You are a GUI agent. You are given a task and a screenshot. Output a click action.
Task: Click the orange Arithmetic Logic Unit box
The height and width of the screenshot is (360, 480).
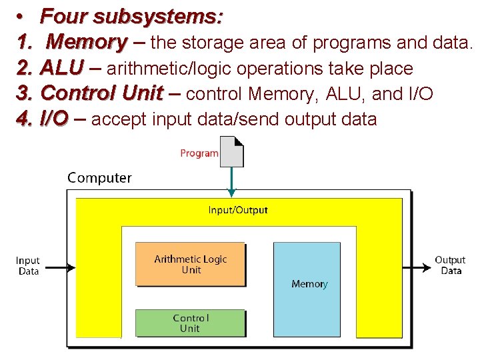[191, 265]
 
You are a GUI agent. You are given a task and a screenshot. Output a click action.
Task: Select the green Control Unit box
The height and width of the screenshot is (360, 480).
[190, 323]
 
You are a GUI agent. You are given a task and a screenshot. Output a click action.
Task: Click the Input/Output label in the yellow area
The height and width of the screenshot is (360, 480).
[238, 210]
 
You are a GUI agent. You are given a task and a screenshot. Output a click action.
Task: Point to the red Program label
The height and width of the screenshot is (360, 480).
[199, 153]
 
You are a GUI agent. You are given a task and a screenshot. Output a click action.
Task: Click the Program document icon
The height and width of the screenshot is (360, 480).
[232, 151]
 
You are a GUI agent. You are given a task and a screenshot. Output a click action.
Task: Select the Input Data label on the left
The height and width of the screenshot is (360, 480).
[28, 266]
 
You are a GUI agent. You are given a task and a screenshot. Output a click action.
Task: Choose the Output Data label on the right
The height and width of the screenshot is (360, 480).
[450, 265]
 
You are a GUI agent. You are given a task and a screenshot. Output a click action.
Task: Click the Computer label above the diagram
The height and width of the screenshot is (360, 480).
[100, 178]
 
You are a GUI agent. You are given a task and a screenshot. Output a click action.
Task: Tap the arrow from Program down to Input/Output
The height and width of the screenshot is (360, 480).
[231, 181]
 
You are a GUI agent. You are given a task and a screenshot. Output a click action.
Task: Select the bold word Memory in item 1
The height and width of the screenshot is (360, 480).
[86, 43]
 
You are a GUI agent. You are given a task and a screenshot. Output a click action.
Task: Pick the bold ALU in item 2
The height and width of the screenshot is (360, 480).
[62, 68]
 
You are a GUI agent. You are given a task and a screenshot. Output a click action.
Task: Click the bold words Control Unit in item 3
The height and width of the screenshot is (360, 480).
[101, 94]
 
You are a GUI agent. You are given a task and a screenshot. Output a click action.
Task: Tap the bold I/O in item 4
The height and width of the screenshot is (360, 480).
[54, 120]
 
